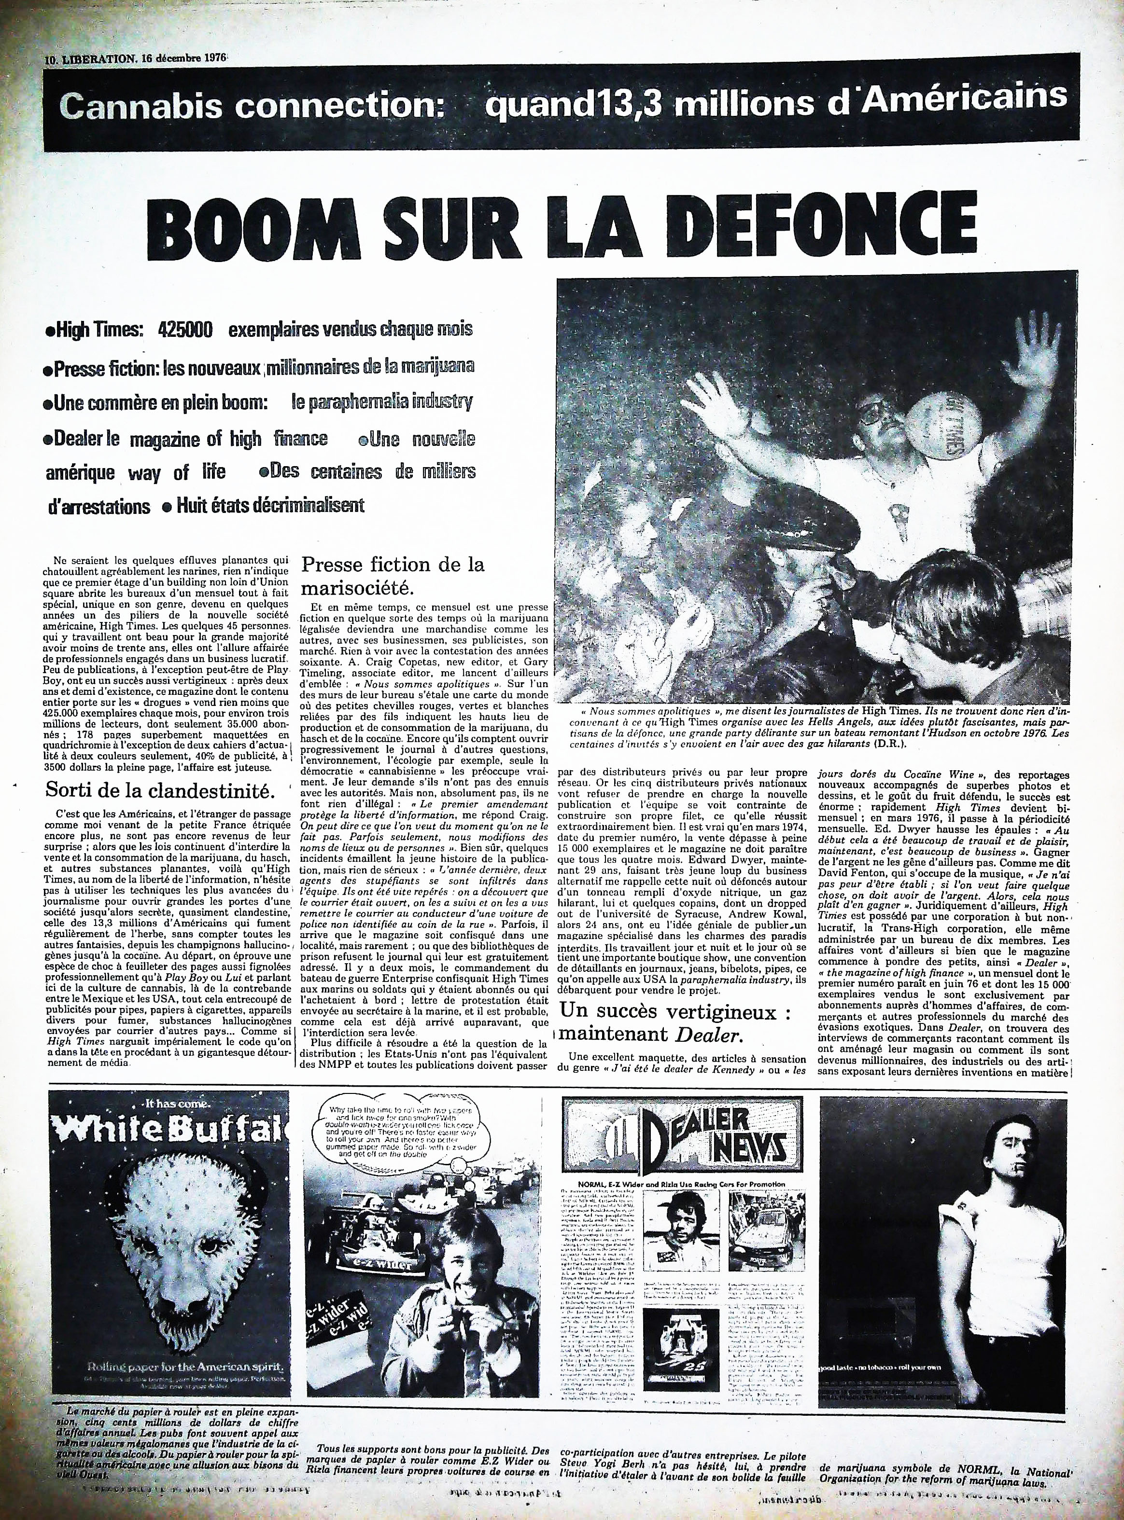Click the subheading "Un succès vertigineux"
(675, 1012)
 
